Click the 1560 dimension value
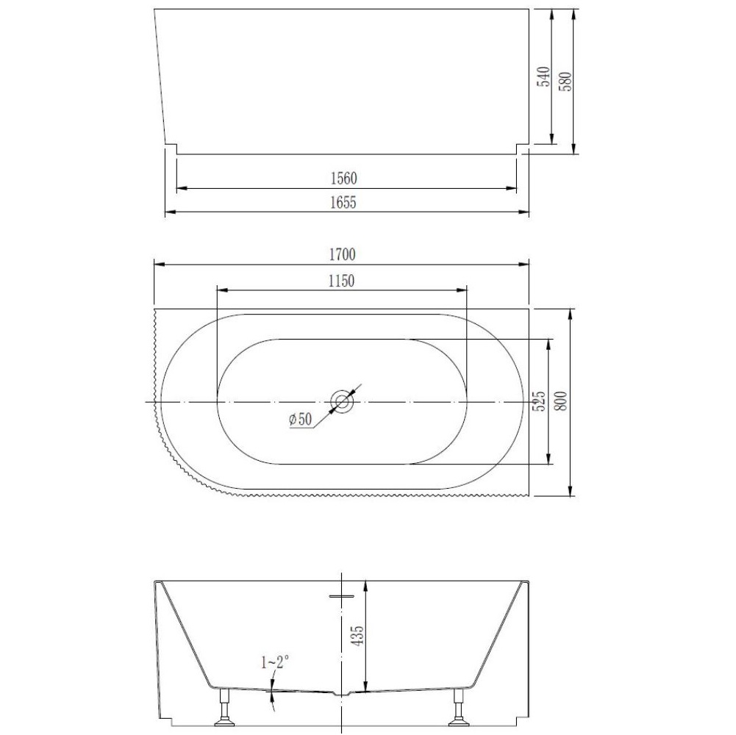[x=343, y=179]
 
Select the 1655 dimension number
[x=343, y=202]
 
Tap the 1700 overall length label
[x=342, y=254]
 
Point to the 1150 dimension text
[x=341, y=282]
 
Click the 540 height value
[x=543, y=76]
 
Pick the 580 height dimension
[x=565, y=81]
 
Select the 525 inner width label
[x=540, y=401]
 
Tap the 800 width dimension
[x=562, y=401]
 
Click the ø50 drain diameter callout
[x=301, y=419]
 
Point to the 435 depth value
[x=357, y=636]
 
